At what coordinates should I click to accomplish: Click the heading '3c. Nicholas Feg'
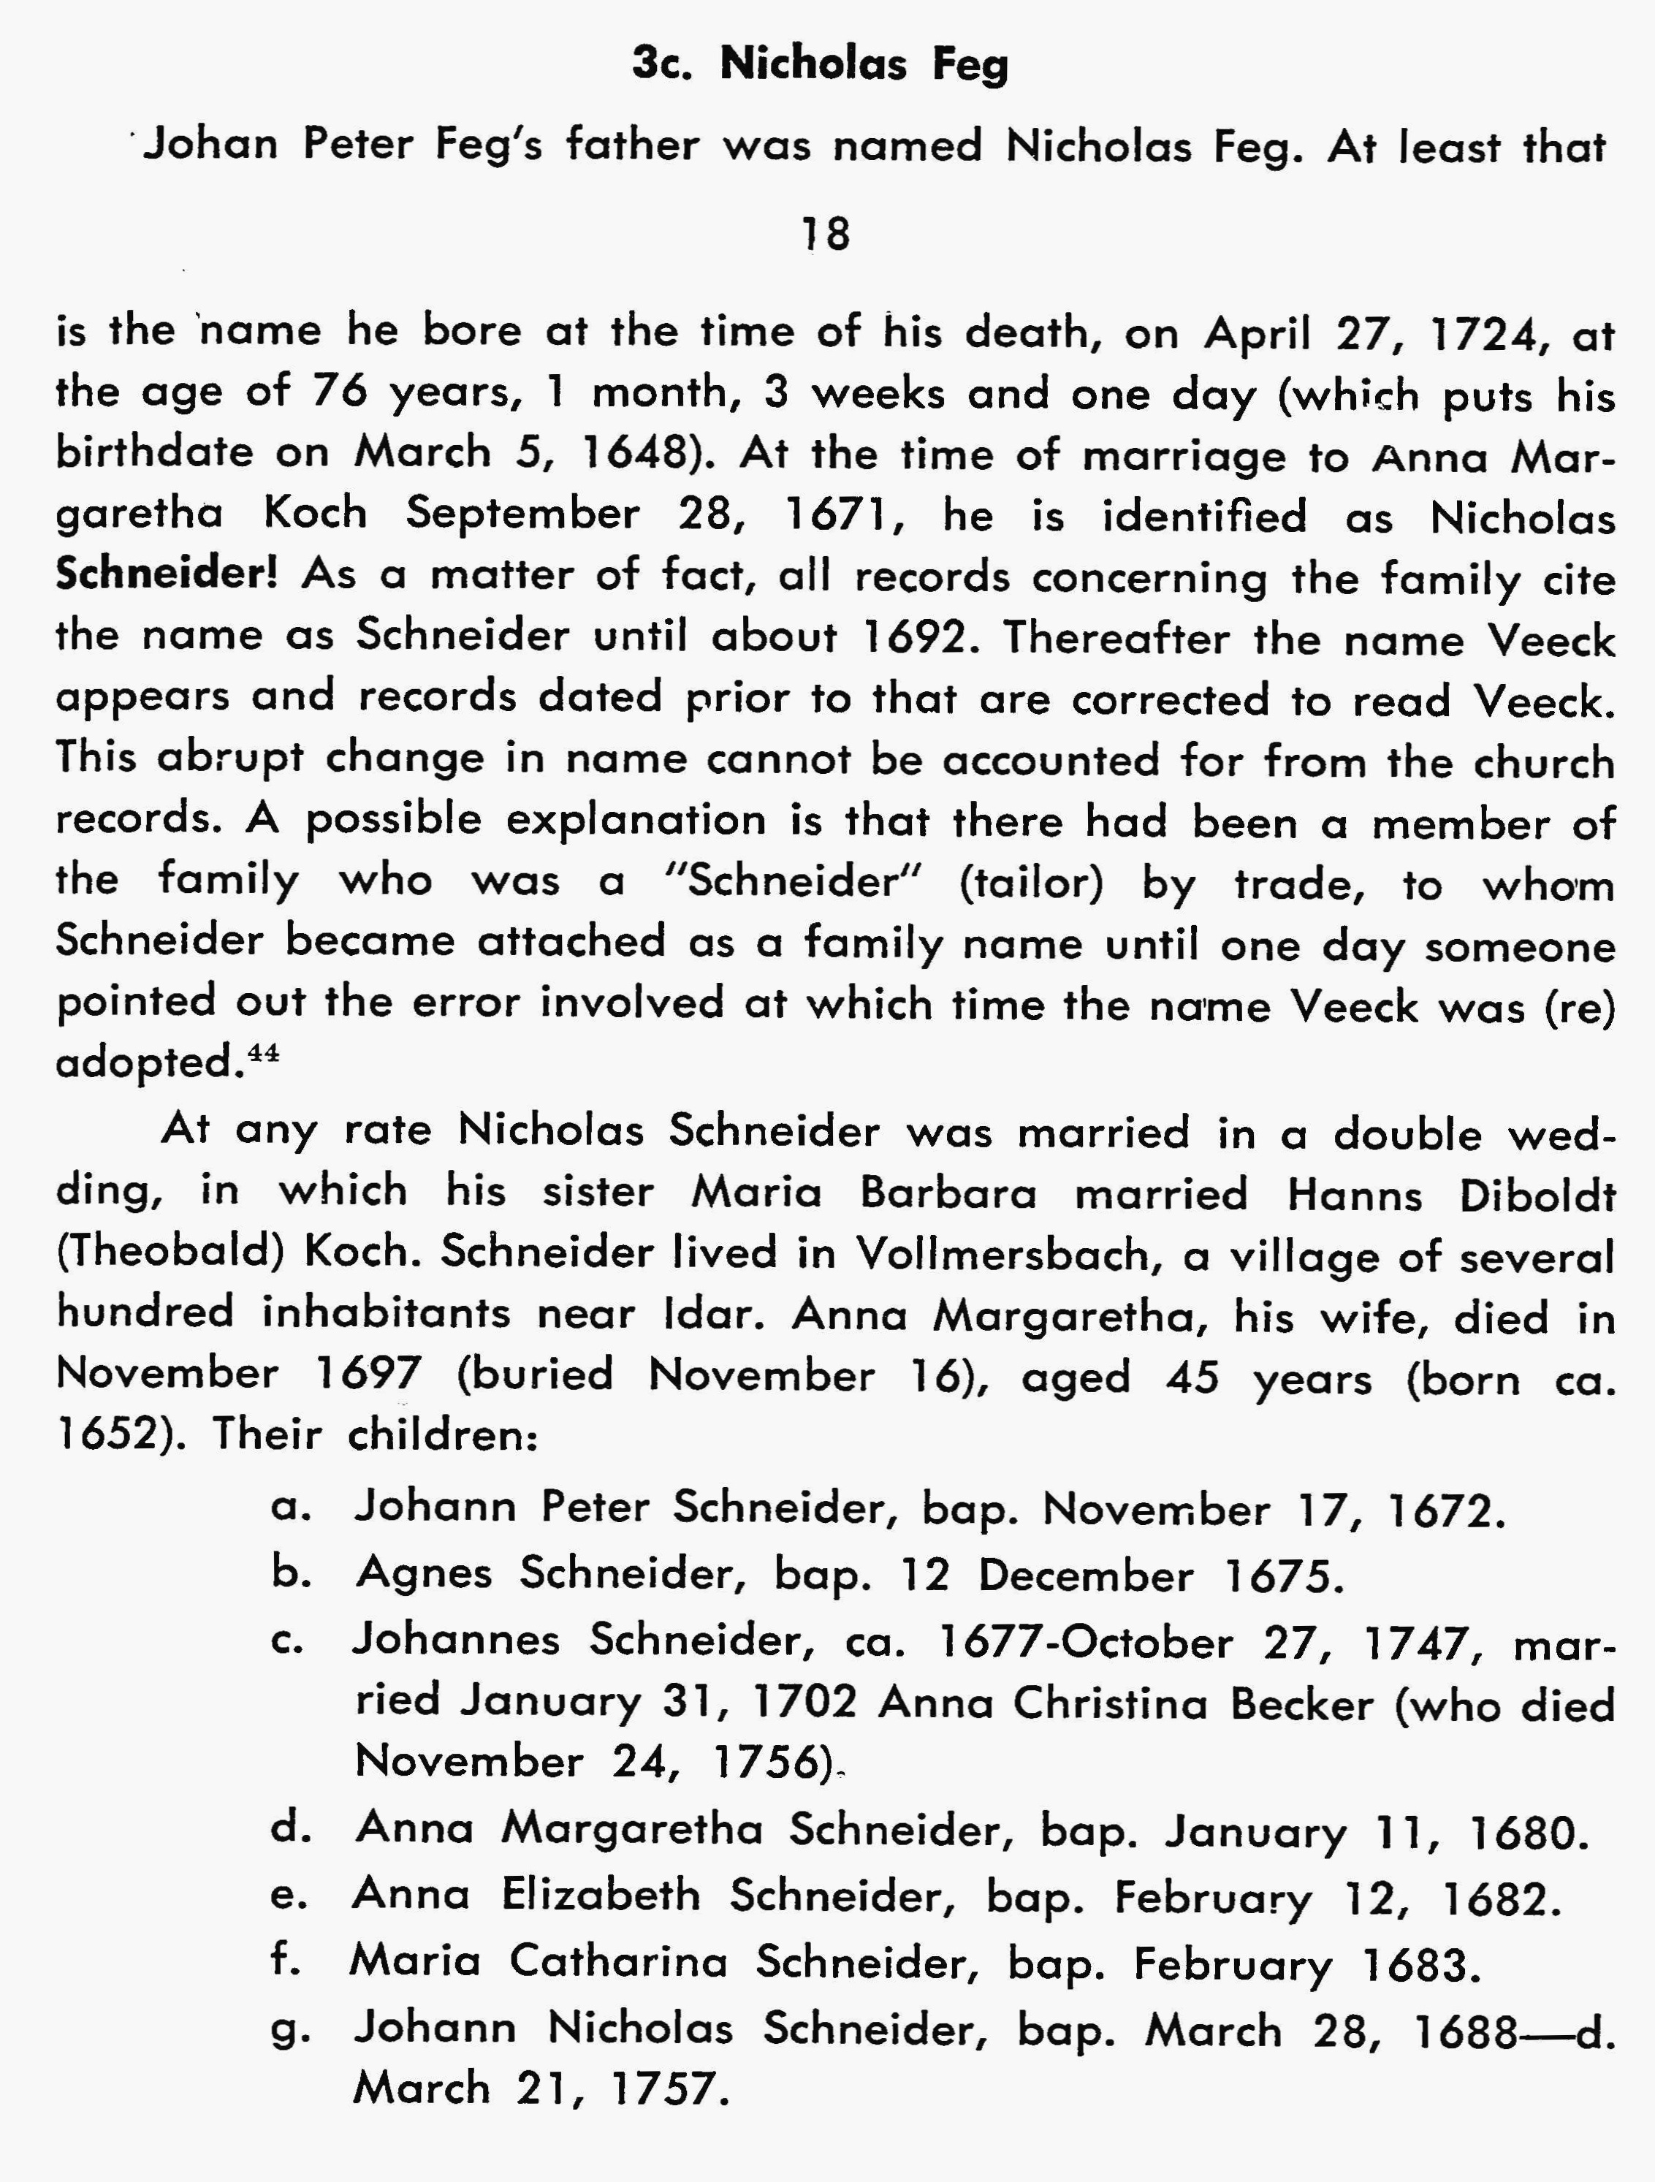[821, 65]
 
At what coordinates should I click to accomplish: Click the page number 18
[826, 234]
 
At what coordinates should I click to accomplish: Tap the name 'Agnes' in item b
[424, 1573]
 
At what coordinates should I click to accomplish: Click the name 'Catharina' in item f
[618, 1962]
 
